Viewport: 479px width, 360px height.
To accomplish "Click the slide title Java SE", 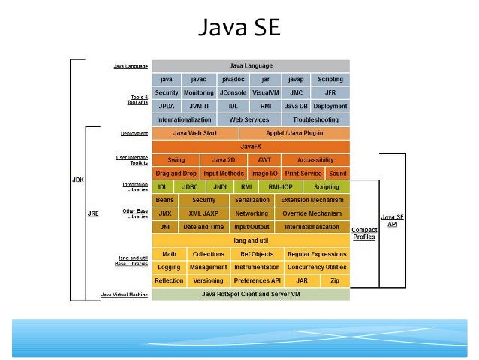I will pos(239,28).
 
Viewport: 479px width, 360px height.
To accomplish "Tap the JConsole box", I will pos(233,92).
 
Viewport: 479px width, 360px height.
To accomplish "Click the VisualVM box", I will pos(266,92).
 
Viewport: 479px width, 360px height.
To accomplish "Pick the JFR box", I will pos(330,92).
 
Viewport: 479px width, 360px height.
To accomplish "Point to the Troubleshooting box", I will pos(315,119).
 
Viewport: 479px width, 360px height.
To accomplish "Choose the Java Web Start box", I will pos(195,133).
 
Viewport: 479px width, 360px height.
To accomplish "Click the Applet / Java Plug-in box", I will pos(295,133).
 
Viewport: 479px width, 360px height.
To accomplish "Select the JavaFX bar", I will pos(251,147).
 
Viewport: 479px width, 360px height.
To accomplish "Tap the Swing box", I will pos(176,160).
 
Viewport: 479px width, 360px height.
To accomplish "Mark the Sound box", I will pos(338,174).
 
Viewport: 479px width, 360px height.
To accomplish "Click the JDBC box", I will pos(190,187).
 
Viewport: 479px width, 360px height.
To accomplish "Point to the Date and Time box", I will pos(203,227).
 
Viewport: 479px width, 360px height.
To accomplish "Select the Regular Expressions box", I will pos(316,254).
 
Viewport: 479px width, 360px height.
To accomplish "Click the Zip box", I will pos(335,280).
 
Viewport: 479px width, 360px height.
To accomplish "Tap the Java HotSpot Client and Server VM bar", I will pos(251,294).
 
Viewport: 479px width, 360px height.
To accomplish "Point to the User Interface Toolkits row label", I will pos(134,160).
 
